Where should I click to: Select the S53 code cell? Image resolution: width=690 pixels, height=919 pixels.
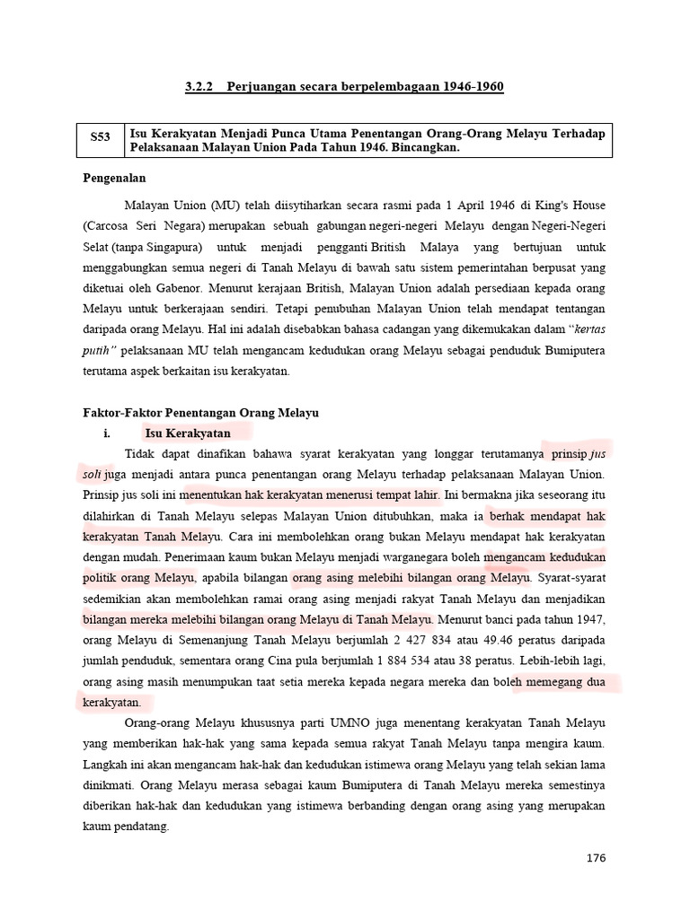[100, 139]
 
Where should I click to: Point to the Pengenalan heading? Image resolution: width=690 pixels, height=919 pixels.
[113, 179]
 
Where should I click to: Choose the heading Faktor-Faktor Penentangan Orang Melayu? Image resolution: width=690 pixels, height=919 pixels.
[194, 412]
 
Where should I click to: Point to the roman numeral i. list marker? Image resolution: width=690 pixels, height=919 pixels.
[110, 433]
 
